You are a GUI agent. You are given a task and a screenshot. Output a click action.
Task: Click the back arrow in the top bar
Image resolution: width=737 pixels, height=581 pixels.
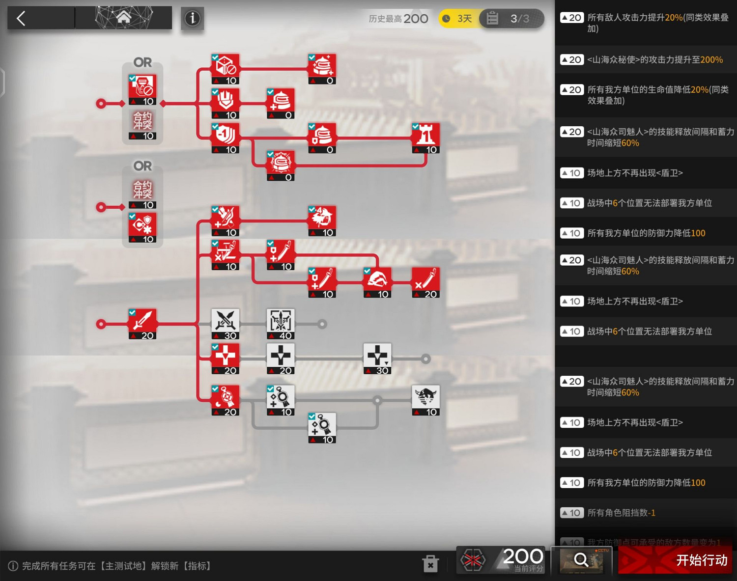(x=21, y=19)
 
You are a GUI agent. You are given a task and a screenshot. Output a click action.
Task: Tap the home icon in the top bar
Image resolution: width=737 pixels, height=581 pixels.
(x=124, y=18)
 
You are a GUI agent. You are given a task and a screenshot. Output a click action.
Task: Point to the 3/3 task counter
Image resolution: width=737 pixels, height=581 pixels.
(x=513, y=19)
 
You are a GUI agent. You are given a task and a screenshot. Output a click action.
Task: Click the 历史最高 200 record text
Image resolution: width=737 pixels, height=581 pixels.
(x=398, y=19)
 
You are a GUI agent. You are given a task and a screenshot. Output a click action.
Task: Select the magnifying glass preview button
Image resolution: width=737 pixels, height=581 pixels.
(x=581, y=560)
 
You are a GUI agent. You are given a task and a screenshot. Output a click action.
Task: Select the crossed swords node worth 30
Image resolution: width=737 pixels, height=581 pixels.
(x=225, y=323)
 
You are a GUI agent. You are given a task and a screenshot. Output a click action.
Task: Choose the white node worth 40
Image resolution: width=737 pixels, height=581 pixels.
(x=281, y=323)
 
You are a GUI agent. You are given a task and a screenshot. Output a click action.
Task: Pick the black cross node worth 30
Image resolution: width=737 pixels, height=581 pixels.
(x=377, y=358)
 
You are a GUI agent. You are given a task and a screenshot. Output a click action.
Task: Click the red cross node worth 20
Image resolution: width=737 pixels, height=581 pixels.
(x=225, y=358)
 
